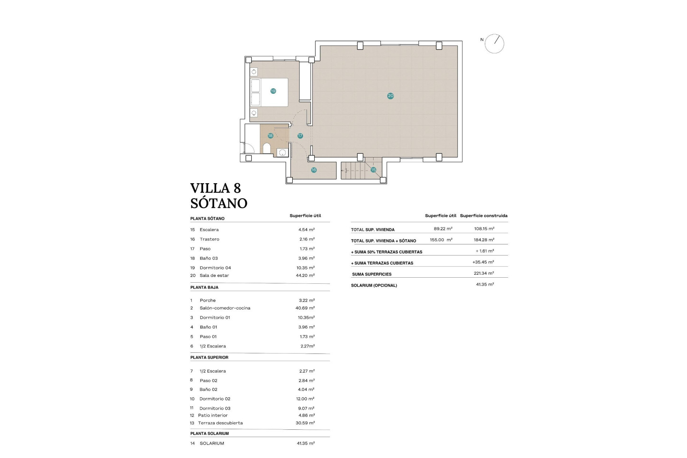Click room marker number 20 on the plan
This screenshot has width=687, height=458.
(x=390, y=96)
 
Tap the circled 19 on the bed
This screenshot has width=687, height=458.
(x=273, y=91)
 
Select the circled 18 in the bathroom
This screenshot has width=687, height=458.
(x=271, y=136)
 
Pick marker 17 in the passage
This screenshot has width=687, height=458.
(x=300, y=136)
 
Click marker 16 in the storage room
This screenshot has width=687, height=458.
(x=314, y=170)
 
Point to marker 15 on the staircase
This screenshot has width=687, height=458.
(x=373, y=170)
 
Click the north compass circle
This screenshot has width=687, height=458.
(x=494, y=44)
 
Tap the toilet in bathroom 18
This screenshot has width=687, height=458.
(x=267, y=148)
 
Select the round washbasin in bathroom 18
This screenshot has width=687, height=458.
(x=282, y=153)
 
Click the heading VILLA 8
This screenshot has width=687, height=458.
(x=215, y=188)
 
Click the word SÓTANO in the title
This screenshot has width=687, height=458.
(x=219, y=203)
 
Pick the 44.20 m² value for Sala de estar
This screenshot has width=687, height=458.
(x=305, y=276)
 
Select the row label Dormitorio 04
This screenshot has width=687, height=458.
(x=215, y=268)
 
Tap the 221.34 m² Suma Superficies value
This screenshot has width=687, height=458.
(x=484, y=273)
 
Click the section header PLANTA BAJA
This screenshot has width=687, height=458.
(x=204, y=287)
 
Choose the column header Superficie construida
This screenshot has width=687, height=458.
(x=483, y=216)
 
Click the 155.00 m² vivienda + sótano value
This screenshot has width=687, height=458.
(x=441, y=240)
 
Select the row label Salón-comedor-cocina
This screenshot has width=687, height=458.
(x=225, y=308)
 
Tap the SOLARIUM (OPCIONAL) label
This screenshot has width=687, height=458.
(x=374, y=286)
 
